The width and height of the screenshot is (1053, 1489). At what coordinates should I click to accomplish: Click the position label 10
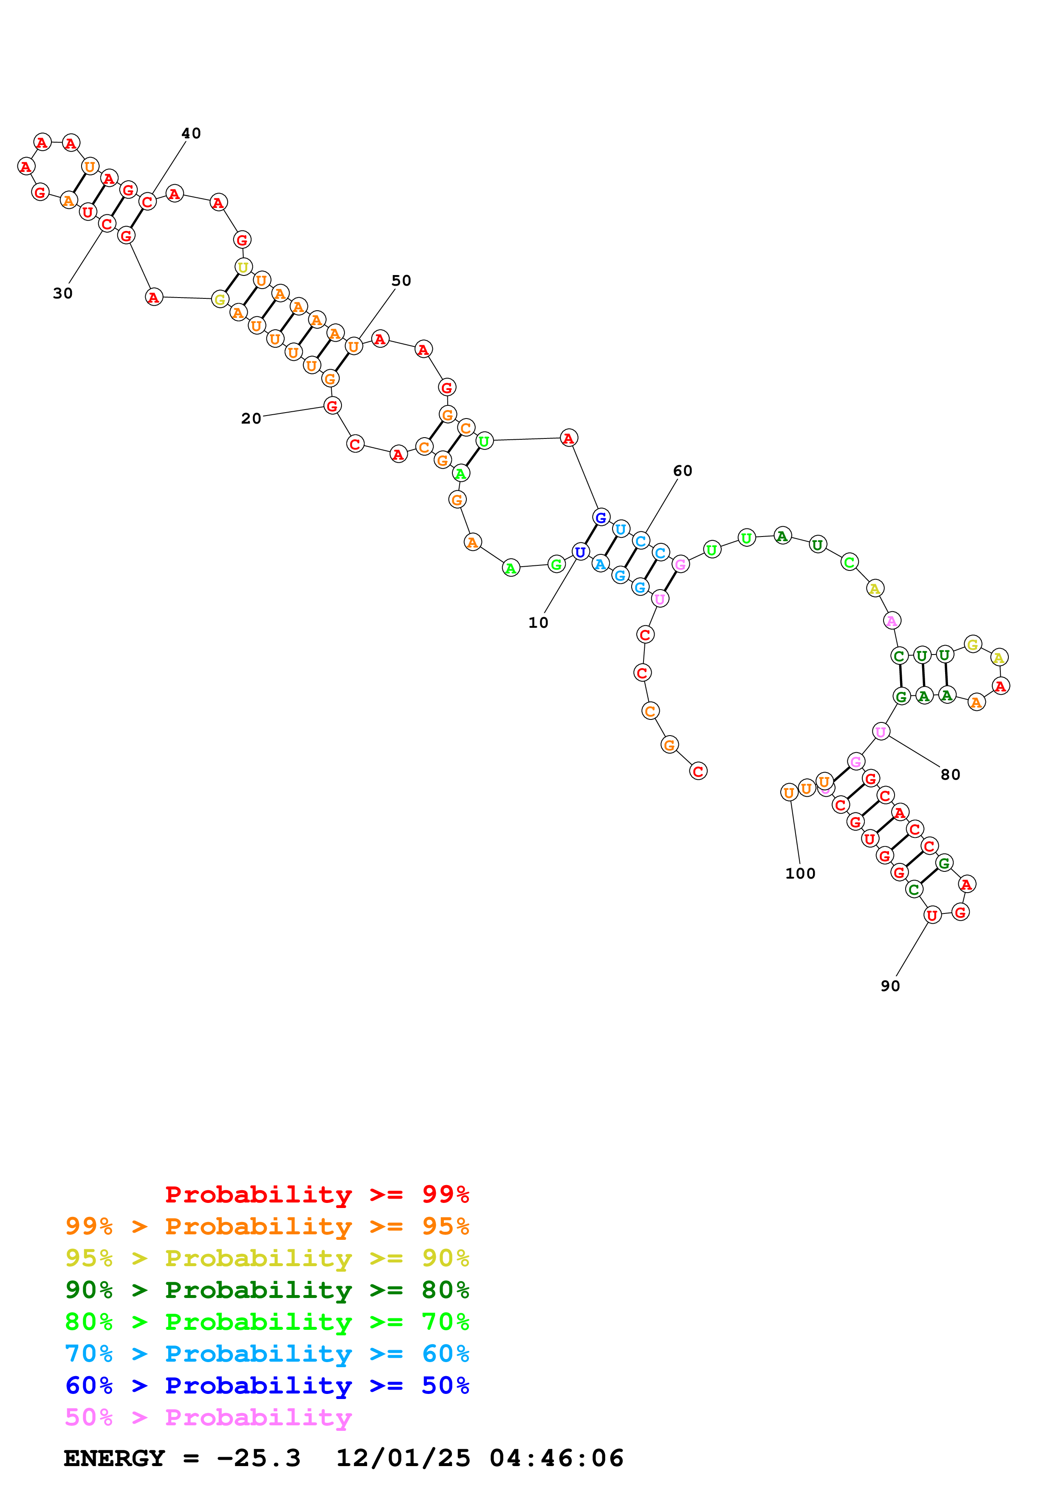point(538,623)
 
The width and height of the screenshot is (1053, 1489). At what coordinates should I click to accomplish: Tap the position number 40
point(191,133)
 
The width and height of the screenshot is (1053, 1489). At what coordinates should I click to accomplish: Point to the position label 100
point(800,874)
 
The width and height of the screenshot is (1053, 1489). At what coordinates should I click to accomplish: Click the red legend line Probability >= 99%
point(316,1194)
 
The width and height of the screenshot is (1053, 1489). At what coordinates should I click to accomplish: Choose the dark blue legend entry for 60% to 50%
point(267,1385)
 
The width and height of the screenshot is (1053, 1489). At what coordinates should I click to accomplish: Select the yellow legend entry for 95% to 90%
point(267,1258)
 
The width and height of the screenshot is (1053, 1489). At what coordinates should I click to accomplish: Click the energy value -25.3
point(258,1458)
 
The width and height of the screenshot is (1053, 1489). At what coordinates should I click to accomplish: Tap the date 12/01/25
point(403,1458)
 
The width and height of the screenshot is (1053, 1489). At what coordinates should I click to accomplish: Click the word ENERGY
point(114,1458)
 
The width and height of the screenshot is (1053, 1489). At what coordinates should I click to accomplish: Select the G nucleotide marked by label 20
point(332,406)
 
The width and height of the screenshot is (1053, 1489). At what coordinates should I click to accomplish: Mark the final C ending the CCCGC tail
point(698,771)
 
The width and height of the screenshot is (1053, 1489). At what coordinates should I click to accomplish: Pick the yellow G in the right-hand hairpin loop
point(972,644)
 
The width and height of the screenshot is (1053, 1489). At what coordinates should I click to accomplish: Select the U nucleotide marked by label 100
point(789,792)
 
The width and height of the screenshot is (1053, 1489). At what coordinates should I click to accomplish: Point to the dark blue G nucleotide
point(601,517)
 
